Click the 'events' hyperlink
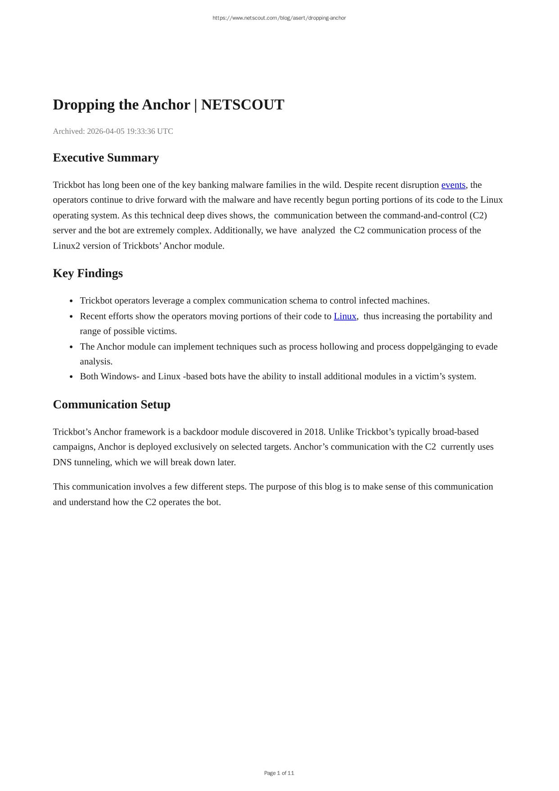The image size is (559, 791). coord(453,185)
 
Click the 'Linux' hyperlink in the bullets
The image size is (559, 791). coord(345,316)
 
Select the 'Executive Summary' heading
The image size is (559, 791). coord(106,158)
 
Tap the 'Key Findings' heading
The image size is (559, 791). coord(88,273)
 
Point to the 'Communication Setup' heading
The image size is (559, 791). coord(112,405)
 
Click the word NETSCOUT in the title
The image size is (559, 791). coord(243,105)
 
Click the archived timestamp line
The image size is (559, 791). coord(113,131)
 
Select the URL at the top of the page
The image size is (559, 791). coord(279,18)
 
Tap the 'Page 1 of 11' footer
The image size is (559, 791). coord(279,773)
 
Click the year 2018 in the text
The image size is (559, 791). coord(314,432)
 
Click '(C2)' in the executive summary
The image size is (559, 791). coord(478,215)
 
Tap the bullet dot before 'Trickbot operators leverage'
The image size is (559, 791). coord(72,301)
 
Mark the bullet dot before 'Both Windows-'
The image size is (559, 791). coord(72,377)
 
